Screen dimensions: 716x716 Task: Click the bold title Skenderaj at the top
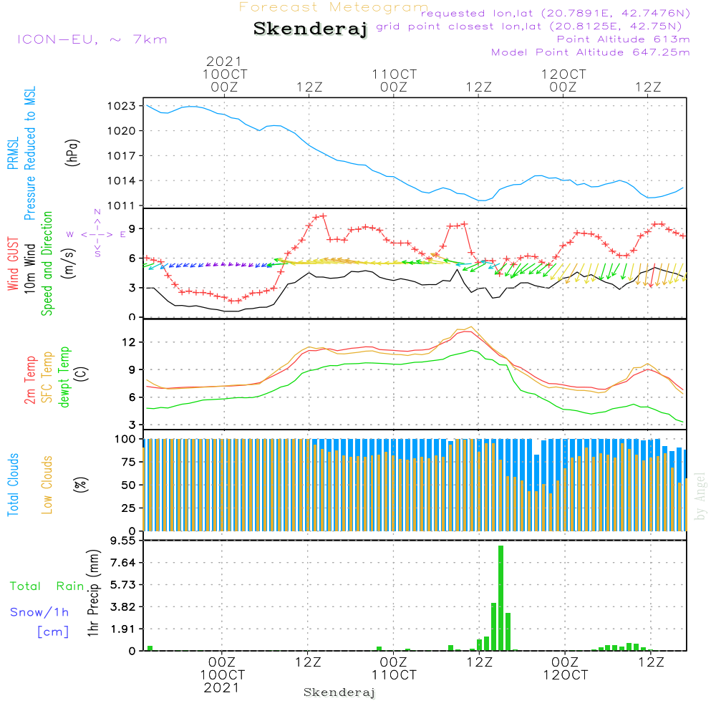[310, 29]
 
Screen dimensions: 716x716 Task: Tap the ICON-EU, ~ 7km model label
[92, 39]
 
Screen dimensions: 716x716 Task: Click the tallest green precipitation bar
[500, 597]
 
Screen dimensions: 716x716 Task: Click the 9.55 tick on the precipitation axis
[122, 541]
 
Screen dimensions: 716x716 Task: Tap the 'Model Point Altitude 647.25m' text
[591, 52]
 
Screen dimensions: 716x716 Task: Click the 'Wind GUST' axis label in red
[13, 265]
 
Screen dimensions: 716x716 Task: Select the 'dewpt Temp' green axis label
[64, 377]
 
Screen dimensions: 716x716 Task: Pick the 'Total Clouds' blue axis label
[13, 485]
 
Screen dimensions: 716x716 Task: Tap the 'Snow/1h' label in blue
[39, 612]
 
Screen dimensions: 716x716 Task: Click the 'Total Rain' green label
[47, 586]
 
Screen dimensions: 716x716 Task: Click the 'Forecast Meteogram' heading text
[334, 7]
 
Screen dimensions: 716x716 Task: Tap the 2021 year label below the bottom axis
[221, 688]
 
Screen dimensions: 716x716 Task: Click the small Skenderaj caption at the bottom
[339, 692]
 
